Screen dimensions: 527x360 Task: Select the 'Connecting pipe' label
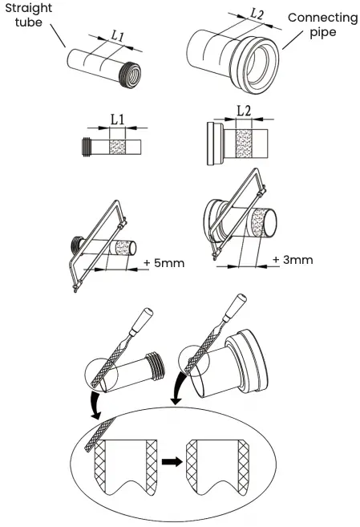322,25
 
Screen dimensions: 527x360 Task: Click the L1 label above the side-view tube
117,120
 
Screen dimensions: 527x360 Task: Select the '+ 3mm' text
294,260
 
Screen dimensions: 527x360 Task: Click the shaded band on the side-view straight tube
117,148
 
